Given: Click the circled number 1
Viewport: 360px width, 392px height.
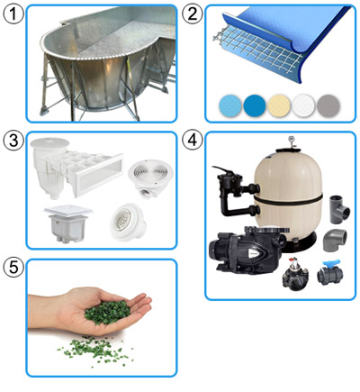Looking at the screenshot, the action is click(x=13, y=14).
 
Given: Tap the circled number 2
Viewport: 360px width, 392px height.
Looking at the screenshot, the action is click(x=193, y=14).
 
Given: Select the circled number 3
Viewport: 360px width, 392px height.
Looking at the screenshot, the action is click(x=13, y=141).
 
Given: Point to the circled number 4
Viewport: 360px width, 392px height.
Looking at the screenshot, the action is click(x=193, y=140).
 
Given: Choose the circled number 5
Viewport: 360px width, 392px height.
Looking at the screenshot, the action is click(x=13, y=267).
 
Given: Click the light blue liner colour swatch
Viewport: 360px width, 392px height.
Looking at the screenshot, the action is click(x=230, y=106).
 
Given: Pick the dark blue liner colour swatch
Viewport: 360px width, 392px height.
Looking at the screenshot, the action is click(x=255, y=106).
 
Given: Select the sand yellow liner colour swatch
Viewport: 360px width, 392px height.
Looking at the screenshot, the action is click(x=279, y=106).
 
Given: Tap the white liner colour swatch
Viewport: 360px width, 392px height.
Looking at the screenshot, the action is click(x=303, y=106).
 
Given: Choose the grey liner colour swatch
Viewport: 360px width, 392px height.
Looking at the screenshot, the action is click(x=328, y=106).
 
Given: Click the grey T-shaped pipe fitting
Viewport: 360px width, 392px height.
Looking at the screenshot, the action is click(x=340, y=209).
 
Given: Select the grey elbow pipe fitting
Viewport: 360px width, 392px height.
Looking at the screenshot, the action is click(x=335, y=240).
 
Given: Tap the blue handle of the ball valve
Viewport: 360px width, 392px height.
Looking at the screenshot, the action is click(x=330, y=264).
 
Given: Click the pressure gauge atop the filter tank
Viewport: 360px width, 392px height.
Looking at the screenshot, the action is click(x=291, y=141).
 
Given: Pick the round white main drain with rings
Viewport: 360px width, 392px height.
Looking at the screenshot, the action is click(x=150, y=178).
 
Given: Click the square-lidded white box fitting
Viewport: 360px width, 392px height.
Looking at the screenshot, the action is click(x=67, y=223).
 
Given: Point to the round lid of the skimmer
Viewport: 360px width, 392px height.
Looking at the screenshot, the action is click(x=49, y=143).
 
